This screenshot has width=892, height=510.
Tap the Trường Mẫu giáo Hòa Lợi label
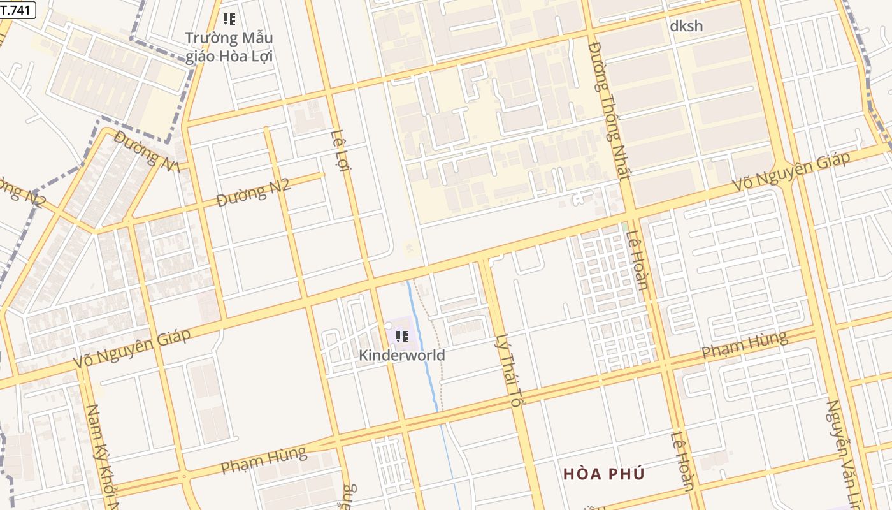point(229,47)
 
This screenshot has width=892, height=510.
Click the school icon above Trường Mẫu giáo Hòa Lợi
point(229,19)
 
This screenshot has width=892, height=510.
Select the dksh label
point(686,25)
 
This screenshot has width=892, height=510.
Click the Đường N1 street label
point(147,150)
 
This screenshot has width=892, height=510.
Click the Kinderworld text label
point(402,355)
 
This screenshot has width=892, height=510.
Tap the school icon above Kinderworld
point(401,335)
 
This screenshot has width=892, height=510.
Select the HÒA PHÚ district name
point(604,474)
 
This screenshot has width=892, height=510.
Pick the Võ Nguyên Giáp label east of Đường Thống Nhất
point(791,171)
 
